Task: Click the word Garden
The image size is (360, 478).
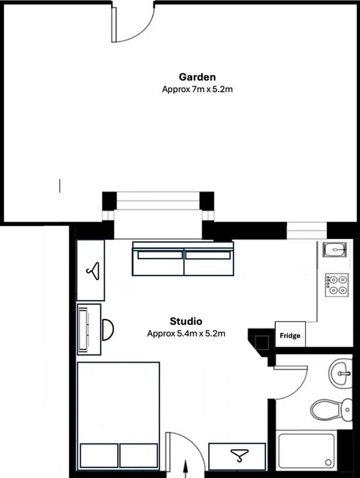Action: pyautogui.click(x=197, y=77)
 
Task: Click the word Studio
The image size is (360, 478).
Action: pyautogui.click(x=186, y=321)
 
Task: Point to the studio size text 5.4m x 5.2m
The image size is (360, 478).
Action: pyautogui.click(x=201, y=333)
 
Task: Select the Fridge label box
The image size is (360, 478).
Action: pyautogui.click(x=290, y=335)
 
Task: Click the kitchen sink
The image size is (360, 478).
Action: pyautogui.click(x=335, y=249)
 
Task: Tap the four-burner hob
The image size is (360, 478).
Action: pyautogui.click(x=337, y=285)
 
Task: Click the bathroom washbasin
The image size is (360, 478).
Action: pyautogui.click(x=340, y=373)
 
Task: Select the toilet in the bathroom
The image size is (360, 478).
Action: pyautogui.click(x=331, y=410)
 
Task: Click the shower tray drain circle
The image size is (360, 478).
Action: pyautogui.click(x=328, y=462)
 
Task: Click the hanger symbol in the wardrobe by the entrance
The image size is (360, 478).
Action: pyautogui.click(x=239, y=455)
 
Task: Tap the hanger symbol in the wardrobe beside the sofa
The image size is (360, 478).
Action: pyautogui.click(x=93, y=271)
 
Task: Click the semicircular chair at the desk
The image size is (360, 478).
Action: pyautogui.click(x=108, y=330)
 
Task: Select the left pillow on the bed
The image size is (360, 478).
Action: pyautogui.click(x=99, y=455)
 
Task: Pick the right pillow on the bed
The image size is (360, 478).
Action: pyautogui.click(x=139, y=455)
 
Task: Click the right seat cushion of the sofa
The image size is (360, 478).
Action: pyautogui.click(x=209, y=263)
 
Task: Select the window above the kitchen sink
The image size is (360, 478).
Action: pyautogui.click(x=307, y=231)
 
